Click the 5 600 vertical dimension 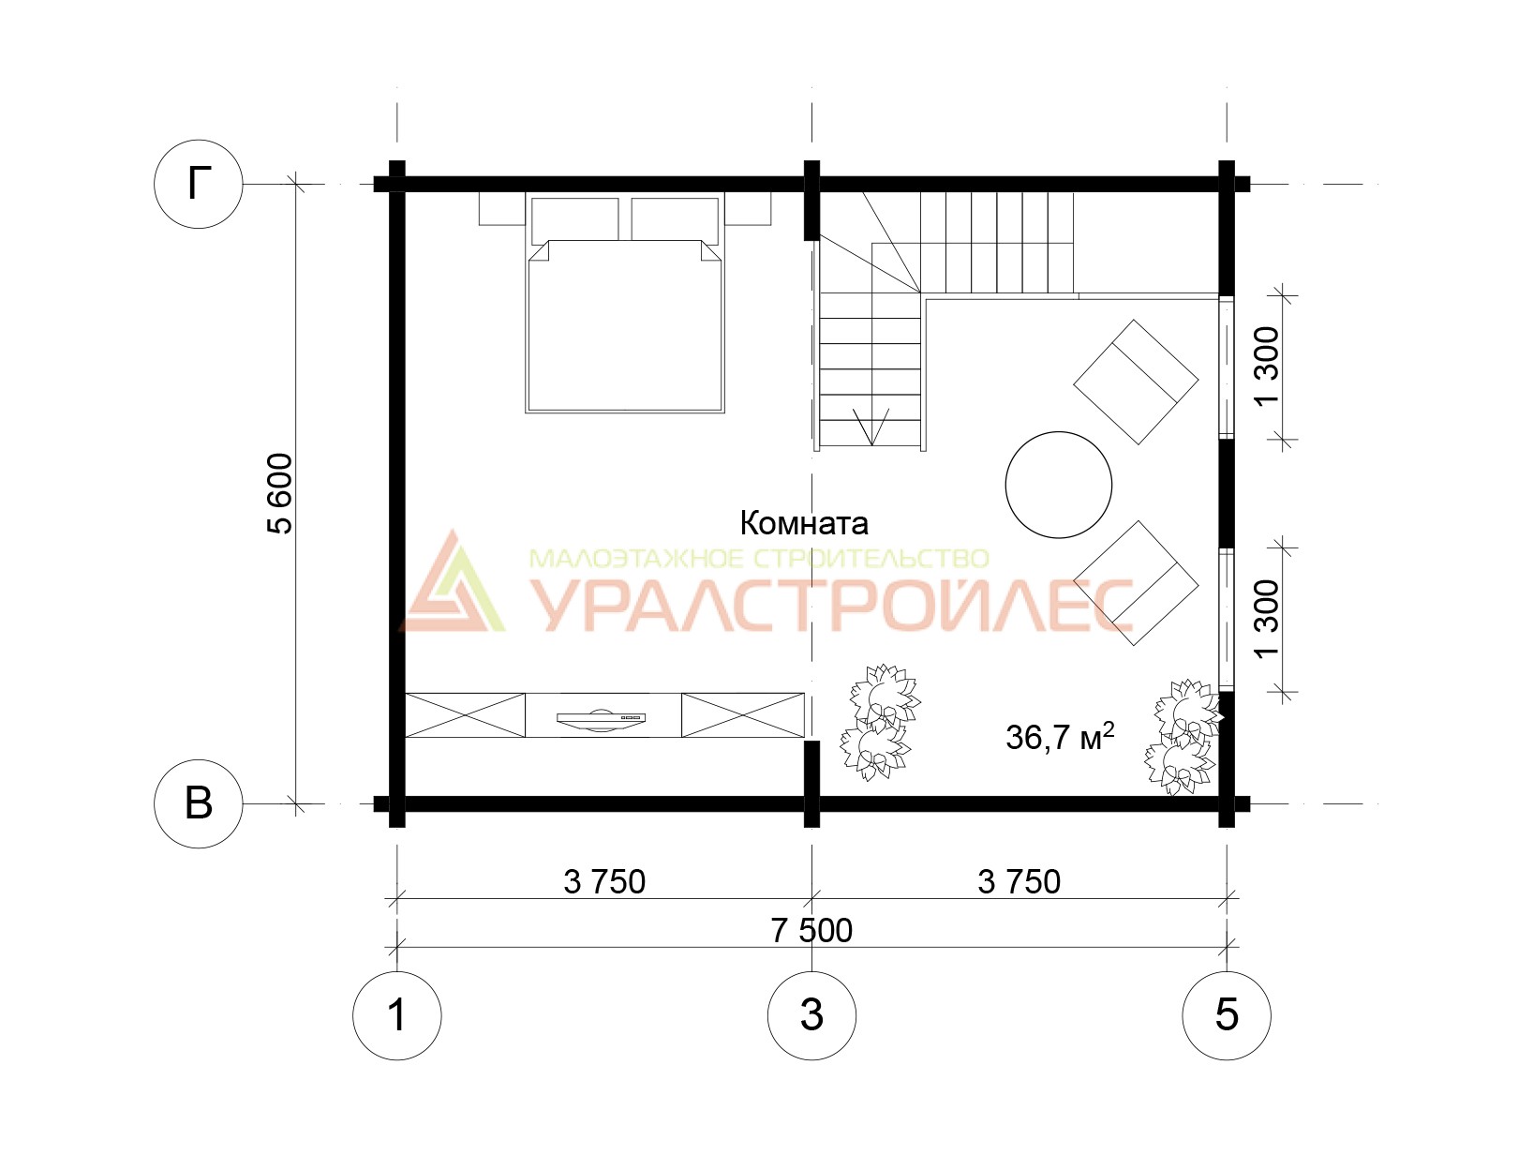[x=281, y=494]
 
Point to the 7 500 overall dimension [x=811, y=931]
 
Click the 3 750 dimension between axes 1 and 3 [x=604, y=882]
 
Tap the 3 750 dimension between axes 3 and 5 [x=1019, y=882]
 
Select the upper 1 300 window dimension [x=1268, y=365]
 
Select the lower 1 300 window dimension [x=1268, y=618]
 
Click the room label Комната [x=804, y=523]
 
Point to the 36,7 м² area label [x=1060, y=737]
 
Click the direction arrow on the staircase [x=871, y=426]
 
